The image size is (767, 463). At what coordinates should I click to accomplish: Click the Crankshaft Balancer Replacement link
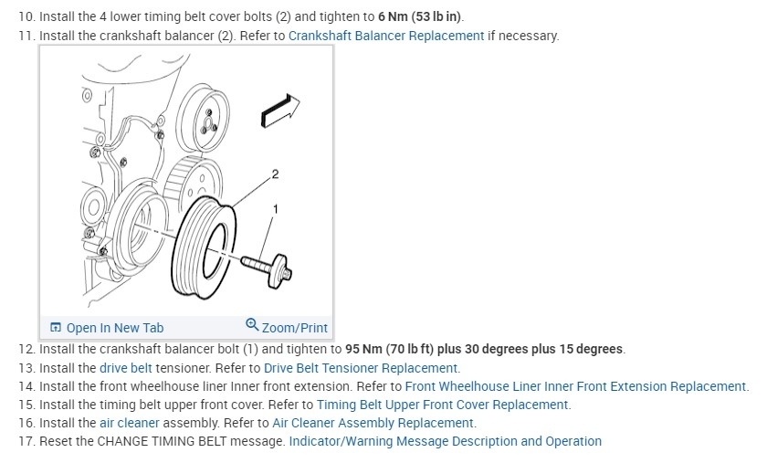pyautogui.click(x=385, y=36)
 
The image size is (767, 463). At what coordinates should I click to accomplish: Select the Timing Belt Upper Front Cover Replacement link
pyautogui.click(x=443, y=405)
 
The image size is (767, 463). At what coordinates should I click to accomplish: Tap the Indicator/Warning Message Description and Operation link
pyautogui.click(x=445, y=441)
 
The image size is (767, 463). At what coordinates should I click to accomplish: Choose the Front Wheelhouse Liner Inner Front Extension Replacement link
pyautogui.click(x=576, y=386)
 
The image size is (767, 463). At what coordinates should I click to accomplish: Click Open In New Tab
pyautogui.click(x=107, y=328)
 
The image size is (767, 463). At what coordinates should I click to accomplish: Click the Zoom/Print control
pyautogui.click(x=294, y=328)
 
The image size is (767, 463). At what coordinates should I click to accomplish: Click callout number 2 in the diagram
pyautogui.click(x=275, y=174)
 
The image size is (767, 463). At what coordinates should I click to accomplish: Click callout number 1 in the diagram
pyautogui.click(x=276, y=209)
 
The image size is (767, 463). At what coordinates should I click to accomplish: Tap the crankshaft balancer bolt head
pyautogui.click(x=284, y=271)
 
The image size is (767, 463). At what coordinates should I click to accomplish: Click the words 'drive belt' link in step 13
pyautogui.click(x=126, y=368)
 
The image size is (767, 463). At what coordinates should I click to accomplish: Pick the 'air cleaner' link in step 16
pyautogui.click(x=128, y=423)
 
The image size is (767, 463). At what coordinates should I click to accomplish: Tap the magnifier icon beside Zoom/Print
pyautogui.click(x=252, y=326)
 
